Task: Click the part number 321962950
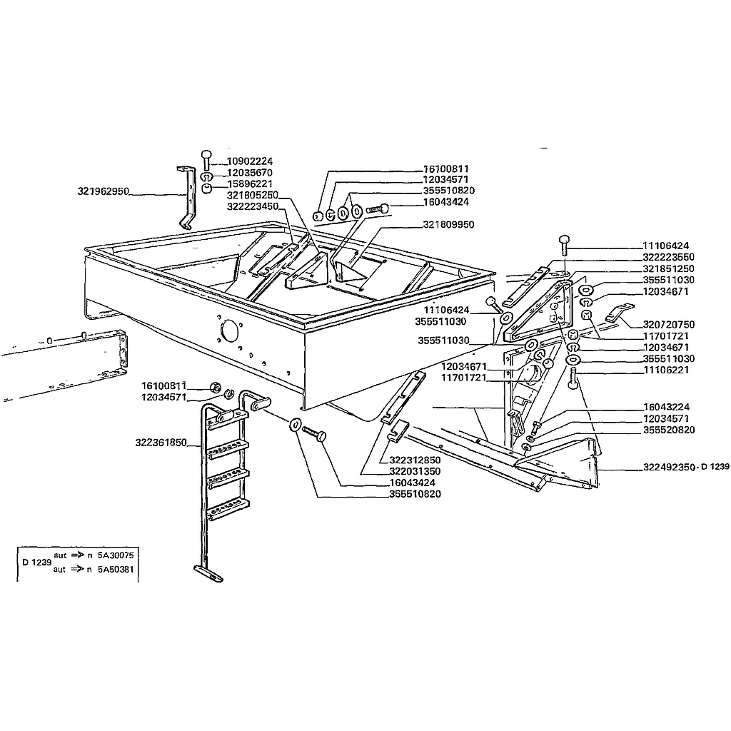[103, 191]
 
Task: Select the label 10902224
[249, 161]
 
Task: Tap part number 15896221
[249, 183]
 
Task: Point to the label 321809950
[448, 225]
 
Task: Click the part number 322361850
[161, 443]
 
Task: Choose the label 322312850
[415, 460]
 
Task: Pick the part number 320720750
[668, 325]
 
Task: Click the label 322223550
[668, 257]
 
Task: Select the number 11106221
[666, 370]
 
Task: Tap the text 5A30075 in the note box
[116, 555]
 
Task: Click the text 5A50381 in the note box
[116, 569]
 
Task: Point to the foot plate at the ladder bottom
[208, 573]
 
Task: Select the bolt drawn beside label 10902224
[206, 161]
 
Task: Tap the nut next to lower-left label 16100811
[215, 387]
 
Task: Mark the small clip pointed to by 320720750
[620, 312]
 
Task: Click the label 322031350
[415, 471]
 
